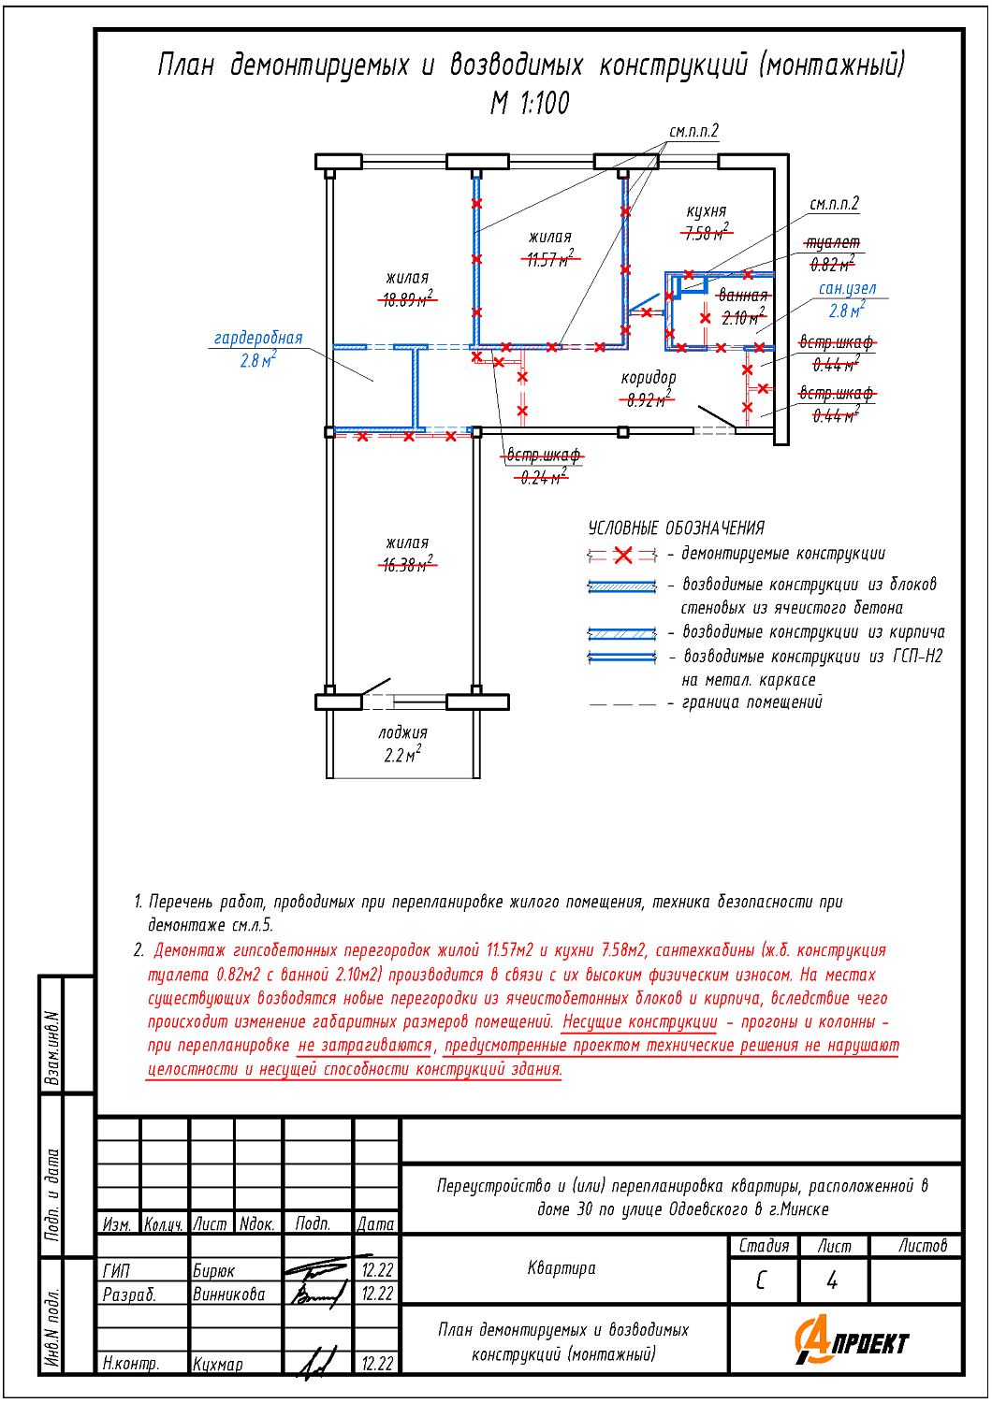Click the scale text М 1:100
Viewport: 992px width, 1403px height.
point(530,103)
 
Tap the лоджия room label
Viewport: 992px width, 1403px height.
point(402,733)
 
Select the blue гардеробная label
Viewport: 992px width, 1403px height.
point(258,339)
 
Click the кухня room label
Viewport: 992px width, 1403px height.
point(707,211)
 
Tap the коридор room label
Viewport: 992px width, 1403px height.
point(649,378)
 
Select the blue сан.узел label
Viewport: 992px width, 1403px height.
point(848,289)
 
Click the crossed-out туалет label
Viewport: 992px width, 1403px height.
point(833,243)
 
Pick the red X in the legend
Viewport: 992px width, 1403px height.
point(623,556)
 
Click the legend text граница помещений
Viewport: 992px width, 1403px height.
point(752,702)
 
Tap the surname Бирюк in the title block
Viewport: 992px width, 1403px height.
point(214,1270)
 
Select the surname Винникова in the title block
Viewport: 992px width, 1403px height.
point(229,1295)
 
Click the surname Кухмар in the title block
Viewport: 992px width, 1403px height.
point(218,1365)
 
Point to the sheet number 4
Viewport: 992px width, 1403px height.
point(832,1280)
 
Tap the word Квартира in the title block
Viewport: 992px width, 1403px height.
point(562,1268)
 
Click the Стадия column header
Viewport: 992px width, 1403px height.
point(764,1246)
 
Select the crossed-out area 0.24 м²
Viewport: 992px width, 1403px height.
point(543,478)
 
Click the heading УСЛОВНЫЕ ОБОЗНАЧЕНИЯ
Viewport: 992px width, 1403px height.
point(677,528)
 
